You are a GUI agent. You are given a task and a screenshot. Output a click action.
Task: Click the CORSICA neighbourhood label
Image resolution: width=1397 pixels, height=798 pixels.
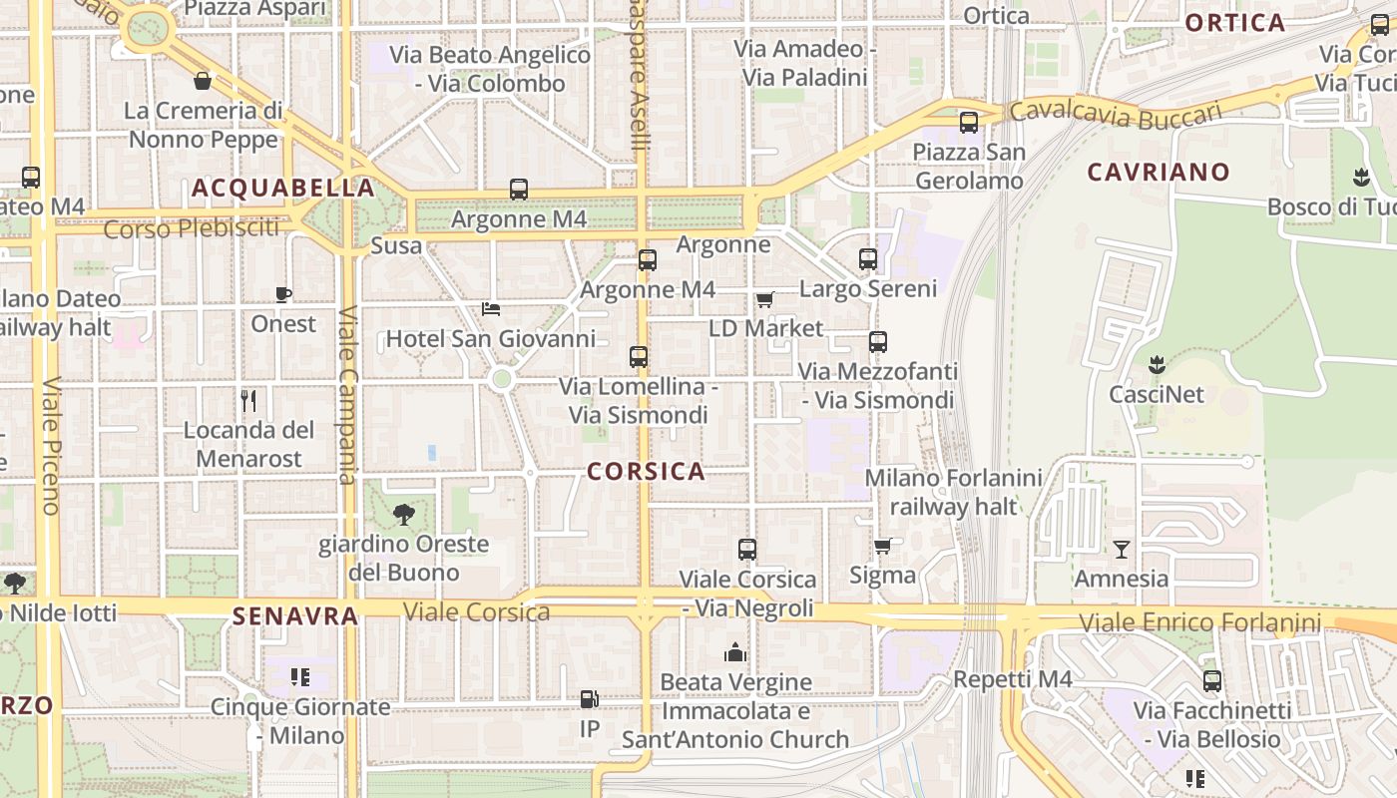(646, 472)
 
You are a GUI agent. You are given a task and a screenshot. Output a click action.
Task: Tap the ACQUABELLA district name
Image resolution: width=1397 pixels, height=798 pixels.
(283, 189)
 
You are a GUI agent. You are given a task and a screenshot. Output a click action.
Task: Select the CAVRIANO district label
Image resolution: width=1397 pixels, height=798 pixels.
(1158, 173)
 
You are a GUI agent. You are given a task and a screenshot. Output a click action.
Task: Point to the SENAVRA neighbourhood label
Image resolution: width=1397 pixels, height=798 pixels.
(295, 616)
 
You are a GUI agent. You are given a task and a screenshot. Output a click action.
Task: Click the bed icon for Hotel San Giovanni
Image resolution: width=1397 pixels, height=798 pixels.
(490, 308)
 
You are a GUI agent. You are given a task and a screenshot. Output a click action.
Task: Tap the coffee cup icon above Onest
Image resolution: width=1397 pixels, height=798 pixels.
(283, 294)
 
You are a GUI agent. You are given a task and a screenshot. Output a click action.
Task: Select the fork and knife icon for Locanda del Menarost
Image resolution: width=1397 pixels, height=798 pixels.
(248, 401)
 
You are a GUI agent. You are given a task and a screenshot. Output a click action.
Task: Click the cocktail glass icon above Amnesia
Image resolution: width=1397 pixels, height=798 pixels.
(1122, 549)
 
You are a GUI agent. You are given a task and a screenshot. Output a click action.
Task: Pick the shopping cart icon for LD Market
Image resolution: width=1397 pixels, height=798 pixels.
(764, 299)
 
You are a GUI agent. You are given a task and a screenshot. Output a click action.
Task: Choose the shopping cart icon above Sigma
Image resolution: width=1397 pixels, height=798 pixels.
(882, 546)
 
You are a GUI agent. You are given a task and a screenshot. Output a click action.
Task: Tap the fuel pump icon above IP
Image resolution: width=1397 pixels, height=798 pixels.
(590, 700)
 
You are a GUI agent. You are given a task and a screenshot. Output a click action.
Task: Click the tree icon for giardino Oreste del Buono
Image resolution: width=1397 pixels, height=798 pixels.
(403, 515)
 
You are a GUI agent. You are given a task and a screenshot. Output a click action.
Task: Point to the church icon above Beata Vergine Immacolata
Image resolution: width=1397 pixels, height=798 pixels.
(735, 653)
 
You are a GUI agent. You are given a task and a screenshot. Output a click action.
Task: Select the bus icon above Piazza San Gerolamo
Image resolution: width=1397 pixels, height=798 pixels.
(968, 123)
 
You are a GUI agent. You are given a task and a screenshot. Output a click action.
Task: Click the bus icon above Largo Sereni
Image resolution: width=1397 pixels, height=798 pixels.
(868, 259)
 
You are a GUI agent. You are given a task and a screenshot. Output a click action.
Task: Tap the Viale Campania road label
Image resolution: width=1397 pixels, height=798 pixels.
(348, 394)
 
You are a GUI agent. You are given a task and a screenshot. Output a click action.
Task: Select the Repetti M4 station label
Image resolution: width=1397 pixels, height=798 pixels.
(1012, 679)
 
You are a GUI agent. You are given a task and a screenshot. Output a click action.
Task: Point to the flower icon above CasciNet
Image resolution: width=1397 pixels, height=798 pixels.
(1157, 364)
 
